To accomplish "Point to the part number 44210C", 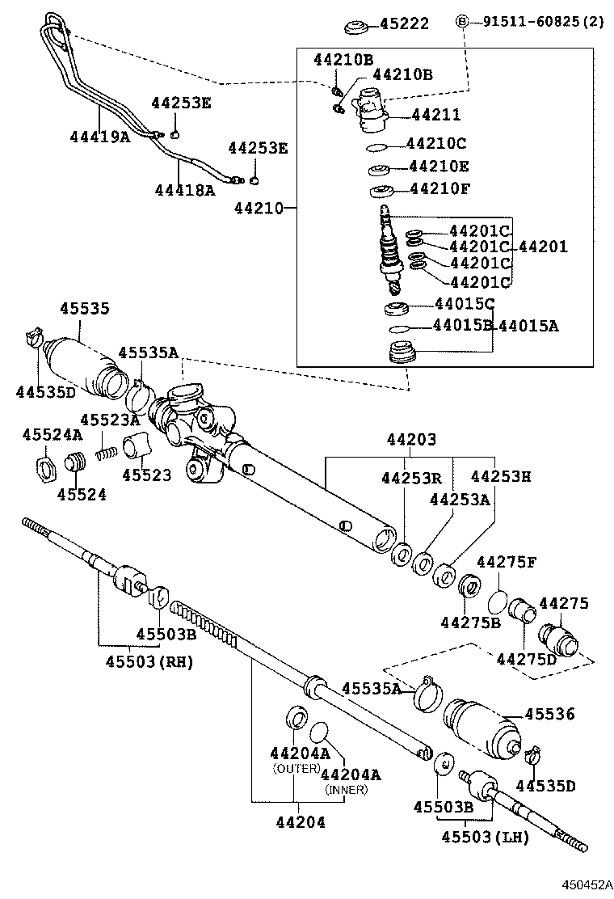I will click(x=437, y=143).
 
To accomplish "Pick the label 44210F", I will click(x=440, y=189).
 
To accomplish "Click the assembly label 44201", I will click(x=543, y=247).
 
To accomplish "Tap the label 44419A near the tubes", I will click(x=99, y=137).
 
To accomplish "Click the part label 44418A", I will click(x=185, y=189).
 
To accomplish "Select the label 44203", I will click(x=411, y=440).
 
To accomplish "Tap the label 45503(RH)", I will click(x=149, y=661).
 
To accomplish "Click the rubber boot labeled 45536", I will click(x=482, y=727).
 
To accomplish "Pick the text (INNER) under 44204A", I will click(x=346, y=789).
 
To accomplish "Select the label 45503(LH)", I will click(x=485, y=837).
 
